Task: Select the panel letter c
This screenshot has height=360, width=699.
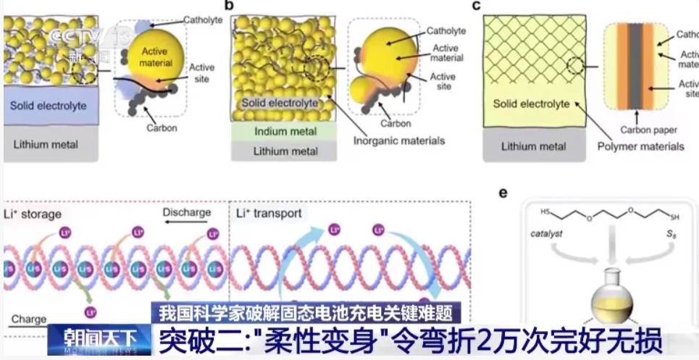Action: point(477,6)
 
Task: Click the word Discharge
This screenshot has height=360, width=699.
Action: point(187,212)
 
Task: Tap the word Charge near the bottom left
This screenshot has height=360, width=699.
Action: point(29,319)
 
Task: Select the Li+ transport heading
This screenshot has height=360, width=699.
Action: point(269,213)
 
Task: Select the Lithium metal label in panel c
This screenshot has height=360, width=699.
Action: point(534,146)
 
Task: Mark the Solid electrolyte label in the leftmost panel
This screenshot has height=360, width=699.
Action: point(48,106)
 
